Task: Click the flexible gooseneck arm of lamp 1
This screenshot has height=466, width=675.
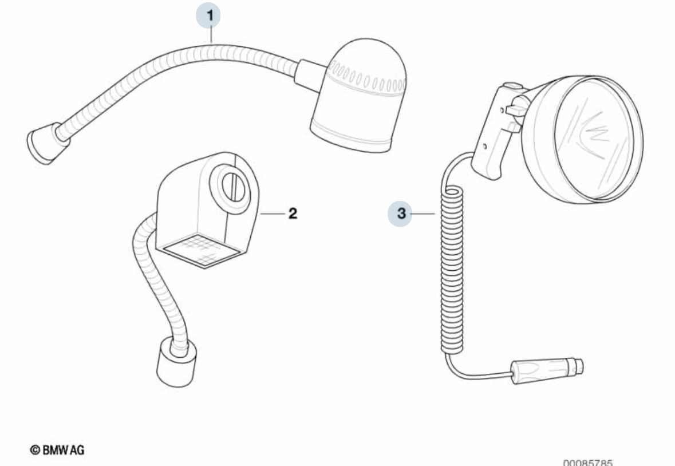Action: tap(172, 69)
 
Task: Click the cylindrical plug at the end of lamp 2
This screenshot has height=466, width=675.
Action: tap(175, 362)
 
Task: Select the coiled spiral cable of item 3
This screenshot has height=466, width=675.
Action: tap(452, 269)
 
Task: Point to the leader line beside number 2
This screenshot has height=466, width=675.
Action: tap(272, 214)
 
